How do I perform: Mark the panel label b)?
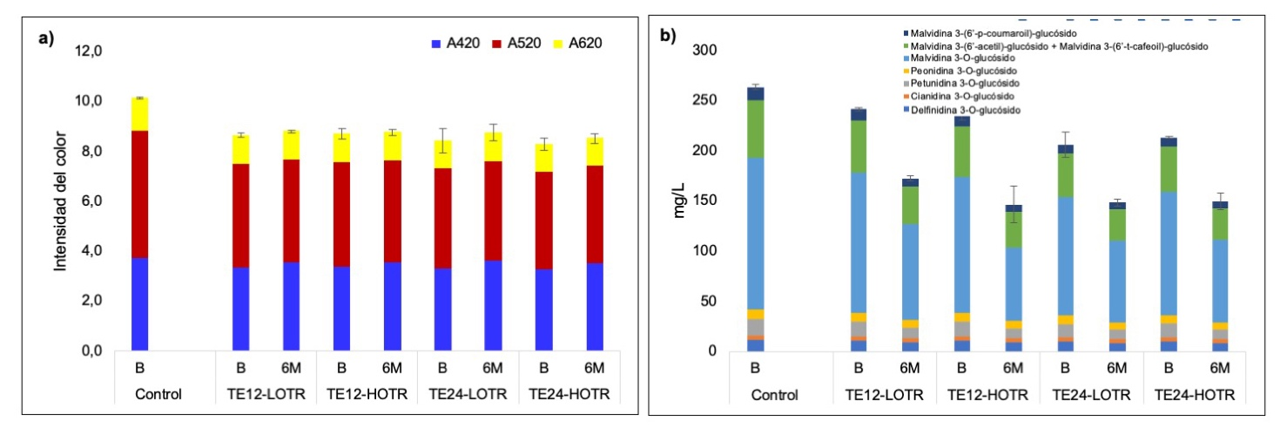pos(668,38)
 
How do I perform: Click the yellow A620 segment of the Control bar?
pos(147,114)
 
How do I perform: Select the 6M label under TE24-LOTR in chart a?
pos(493,367)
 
